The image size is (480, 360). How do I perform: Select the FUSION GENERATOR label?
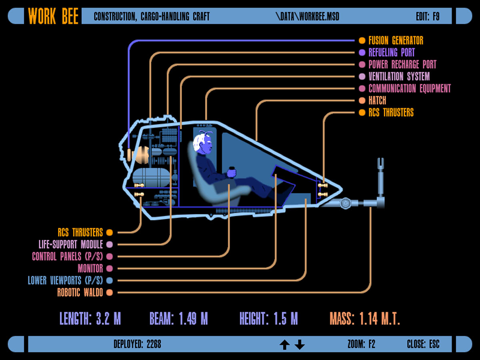396,40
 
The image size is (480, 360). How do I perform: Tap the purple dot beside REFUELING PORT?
362,52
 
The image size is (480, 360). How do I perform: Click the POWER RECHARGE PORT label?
402,64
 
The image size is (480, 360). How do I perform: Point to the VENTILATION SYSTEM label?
399,76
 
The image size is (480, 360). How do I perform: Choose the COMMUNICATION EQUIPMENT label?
410,88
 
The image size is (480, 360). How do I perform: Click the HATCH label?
377,100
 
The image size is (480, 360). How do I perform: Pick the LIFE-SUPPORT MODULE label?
71,244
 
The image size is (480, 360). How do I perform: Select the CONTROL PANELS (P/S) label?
67,256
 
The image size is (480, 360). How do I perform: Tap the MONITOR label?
90,268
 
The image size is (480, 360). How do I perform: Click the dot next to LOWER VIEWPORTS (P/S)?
110,280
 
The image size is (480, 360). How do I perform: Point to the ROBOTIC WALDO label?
80,292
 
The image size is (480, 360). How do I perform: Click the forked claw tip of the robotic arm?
380,163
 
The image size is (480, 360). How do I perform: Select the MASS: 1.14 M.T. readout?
365,319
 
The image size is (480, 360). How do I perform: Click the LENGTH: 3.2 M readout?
90,319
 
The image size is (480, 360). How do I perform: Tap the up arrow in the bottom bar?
284,344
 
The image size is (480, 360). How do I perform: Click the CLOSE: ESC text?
423,344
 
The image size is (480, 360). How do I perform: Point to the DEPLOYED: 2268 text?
137,344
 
